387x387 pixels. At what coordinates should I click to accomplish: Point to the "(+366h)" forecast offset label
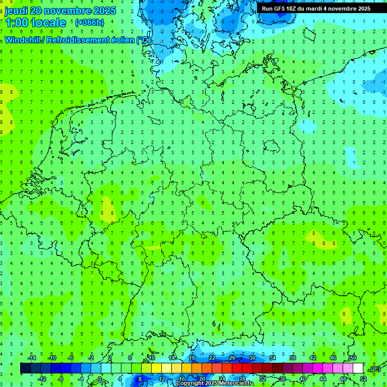89,22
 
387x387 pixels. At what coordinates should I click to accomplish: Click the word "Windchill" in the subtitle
24,40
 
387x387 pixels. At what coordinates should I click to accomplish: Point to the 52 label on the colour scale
363,379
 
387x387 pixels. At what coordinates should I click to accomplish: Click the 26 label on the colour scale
232,358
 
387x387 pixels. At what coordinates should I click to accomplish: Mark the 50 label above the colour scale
353,358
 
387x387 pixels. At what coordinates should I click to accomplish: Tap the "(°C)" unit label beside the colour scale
375,369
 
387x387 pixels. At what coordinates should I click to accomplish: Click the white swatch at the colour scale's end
358,368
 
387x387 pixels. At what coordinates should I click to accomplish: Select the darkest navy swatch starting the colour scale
25,368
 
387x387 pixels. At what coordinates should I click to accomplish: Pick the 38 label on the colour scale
292,358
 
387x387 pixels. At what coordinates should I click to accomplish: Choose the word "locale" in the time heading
48,23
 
